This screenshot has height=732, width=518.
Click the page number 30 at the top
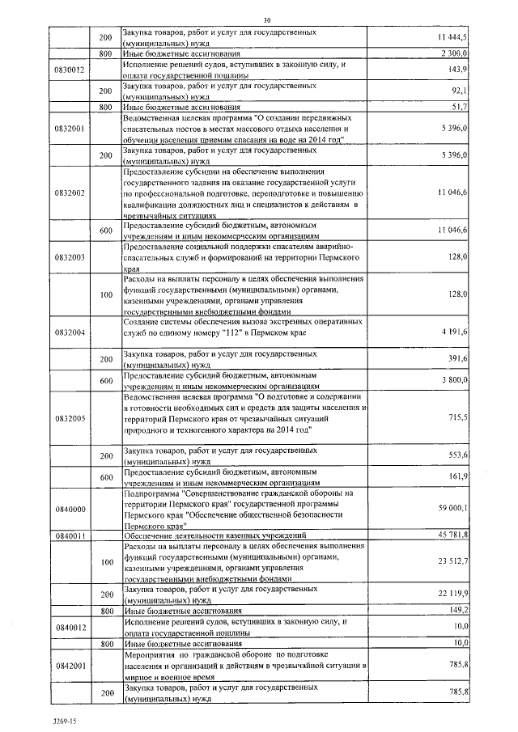(267, 19)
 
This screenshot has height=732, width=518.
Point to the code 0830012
(69, 70)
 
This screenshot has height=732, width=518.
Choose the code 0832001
(69, 128)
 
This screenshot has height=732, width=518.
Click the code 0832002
(69, 193)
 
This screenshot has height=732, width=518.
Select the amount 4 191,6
(454, 332)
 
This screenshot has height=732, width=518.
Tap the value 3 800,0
(455, 379)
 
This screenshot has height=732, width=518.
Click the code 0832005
(69, 418)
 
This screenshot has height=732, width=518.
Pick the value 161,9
(458, 477)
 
